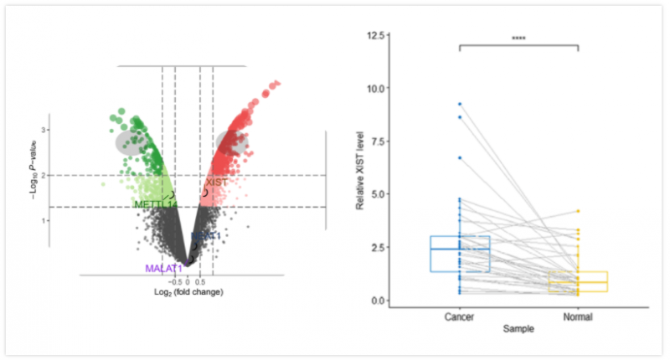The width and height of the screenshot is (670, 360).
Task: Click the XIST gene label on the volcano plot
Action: click(216, 183)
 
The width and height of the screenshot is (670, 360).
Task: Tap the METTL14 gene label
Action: click(156, 204)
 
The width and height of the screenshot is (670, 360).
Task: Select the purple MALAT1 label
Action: click(163, 269)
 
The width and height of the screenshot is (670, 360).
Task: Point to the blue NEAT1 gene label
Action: click(206, 237)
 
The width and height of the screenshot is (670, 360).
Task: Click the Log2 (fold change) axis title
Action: click(189, 292)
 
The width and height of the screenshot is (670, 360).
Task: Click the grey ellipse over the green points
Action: click(131, 141)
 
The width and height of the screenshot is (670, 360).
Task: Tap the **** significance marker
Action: click(518, 39)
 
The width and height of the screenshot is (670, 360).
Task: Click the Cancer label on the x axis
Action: click(460, 317)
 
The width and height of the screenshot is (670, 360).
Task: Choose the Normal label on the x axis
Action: click(578, 317)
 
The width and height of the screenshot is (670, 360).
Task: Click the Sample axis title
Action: click(518, 329)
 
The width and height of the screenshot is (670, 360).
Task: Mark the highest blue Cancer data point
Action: click(460, 104)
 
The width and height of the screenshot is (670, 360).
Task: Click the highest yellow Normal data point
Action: click(578, 211)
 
